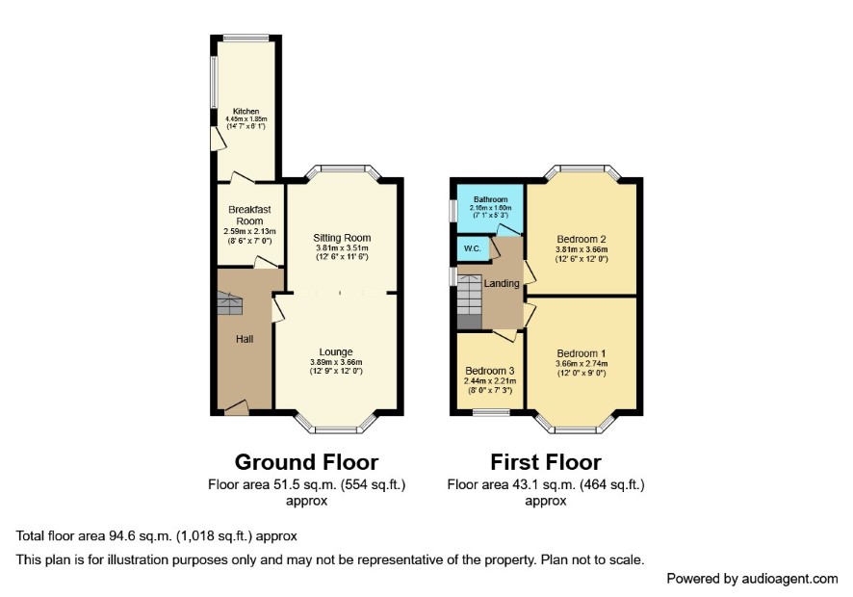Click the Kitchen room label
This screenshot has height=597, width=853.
(246, 112)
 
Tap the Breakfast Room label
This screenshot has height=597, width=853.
(249, 216)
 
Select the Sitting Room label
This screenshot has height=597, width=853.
(342, 238)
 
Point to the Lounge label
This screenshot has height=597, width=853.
(336, 352)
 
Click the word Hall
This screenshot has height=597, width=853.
(245, 339)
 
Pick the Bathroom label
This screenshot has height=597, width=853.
(491, 199)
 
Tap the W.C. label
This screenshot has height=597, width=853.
(472, 248)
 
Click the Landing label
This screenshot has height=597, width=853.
(502, 283)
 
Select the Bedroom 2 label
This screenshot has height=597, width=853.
(582, 240)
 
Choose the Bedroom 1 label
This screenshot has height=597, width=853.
(582, 353)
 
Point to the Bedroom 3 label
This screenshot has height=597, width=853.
(490, 371)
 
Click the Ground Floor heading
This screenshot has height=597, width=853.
(306, 462)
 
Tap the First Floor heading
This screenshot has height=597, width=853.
(546, 462)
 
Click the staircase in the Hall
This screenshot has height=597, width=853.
(230, 303)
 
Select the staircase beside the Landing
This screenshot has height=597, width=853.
(470, 302)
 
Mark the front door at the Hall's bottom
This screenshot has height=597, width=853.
(237, 407)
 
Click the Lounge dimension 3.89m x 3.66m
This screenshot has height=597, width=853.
(336, 362)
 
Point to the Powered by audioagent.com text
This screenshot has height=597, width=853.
(752, 579)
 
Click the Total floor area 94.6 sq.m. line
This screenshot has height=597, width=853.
(157, 536)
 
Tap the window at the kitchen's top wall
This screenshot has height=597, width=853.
(246, 39)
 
